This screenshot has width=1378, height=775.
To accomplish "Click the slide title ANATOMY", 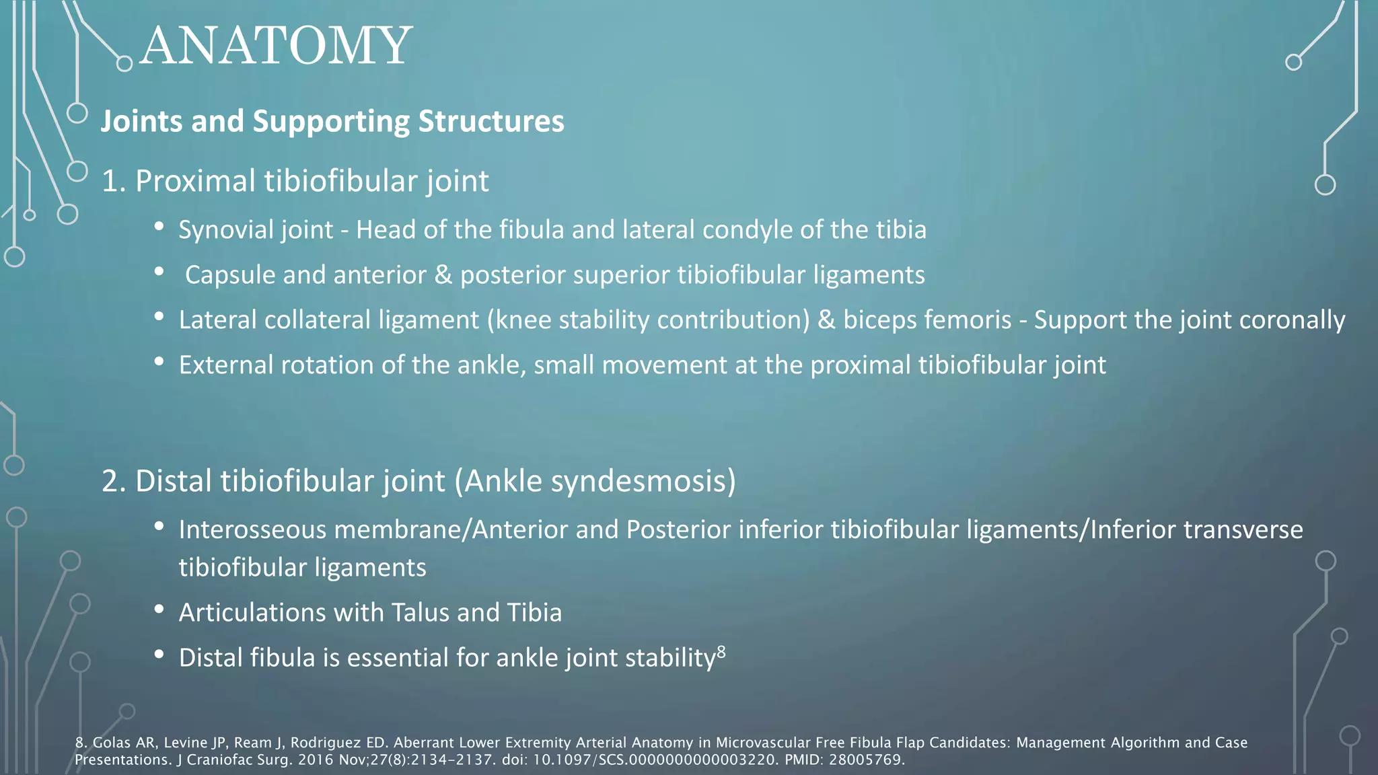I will point(276,46).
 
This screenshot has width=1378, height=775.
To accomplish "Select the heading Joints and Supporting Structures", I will point(332,122).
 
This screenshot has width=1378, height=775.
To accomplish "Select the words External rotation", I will point(276,365).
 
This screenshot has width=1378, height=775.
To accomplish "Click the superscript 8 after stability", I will point(721,651).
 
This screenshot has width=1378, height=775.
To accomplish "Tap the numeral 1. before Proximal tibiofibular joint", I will point(114,182).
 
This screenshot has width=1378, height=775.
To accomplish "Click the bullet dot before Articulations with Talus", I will point(159,610).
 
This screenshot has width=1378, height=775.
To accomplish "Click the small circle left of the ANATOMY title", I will point(124,64).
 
